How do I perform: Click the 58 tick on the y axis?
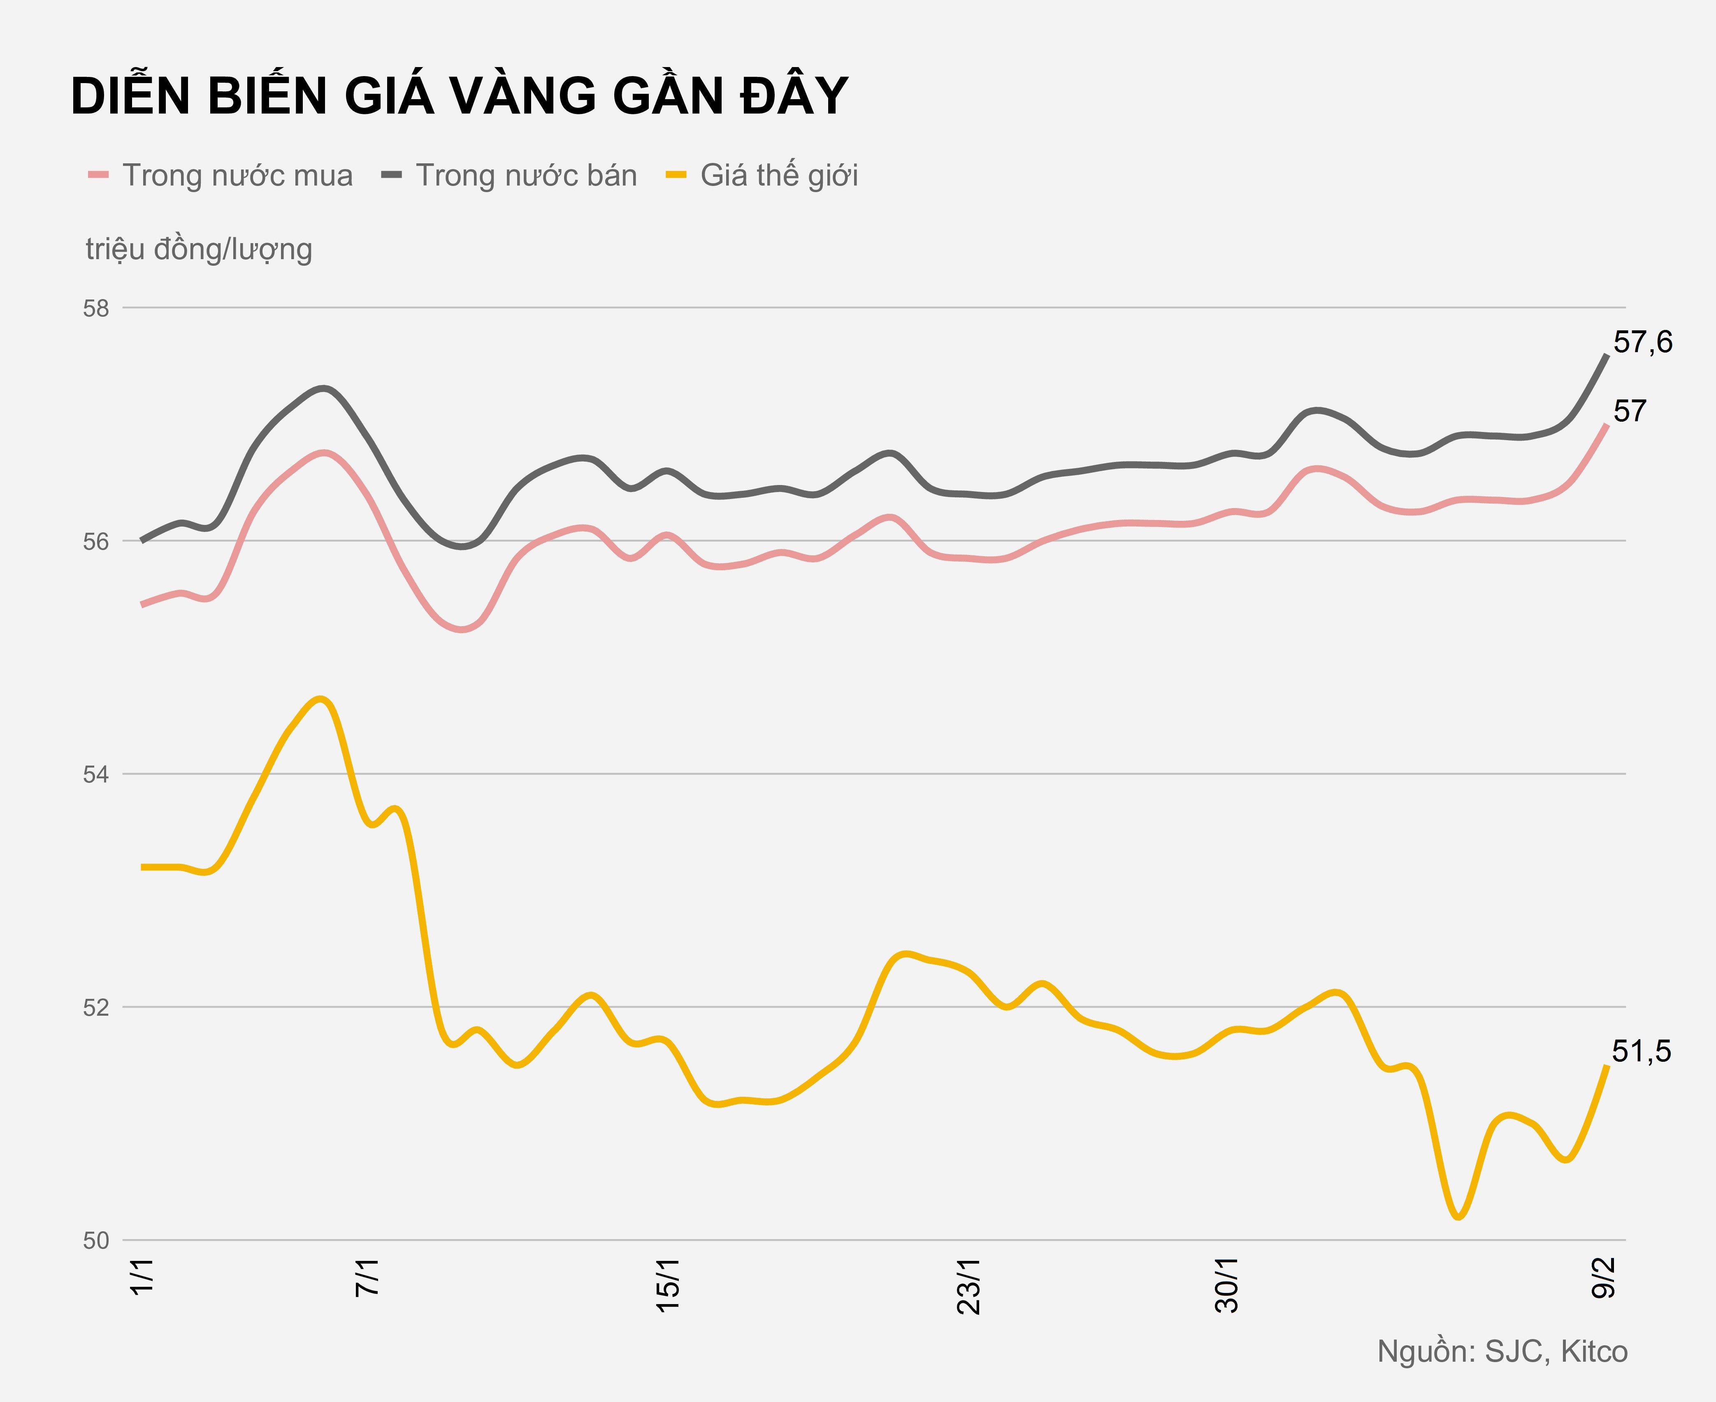pos(96,309)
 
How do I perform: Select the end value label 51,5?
pos(1641,1051)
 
